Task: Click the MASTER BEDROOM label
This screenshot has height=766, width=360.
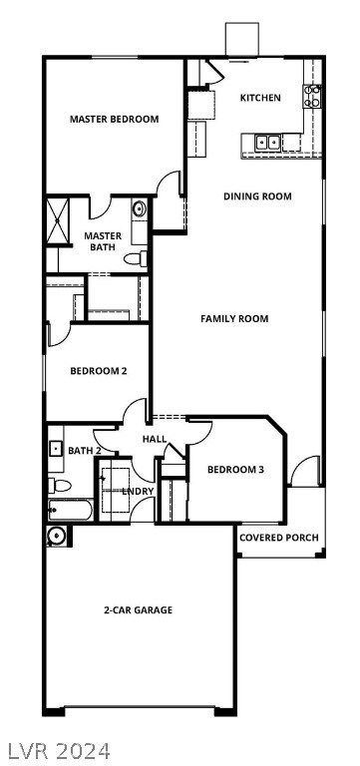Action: click(114, 120)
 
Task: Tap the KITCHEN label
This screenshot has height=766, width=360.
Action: click(260, 98)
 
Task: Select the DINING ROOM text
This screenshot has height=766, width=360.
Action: click(257, 196)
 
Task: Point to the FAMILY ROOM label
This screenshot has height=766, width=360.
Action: click(234, 319)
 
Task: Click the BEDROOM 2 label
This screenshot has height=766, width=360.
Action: click(98, 372)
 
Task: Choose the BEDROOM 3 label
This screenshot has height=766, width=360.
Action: click(235, 470)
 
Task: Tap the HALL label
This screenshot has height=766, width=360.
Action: click(155, 439)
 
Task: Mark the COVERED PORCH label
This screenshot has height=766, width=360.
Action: click(279, 538)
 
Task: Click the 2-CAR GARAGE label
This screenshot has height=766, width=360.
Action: click(138, 609)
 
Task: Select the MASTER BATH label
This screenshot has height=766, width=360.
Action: click(103, 241)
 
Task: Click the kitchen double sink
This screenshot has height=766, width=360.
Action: click(267, 142)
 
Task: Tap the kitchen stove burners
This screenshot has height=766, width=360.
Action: click(313, 97)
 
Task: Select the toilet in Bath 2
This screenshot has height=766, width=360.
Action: click(59, 486)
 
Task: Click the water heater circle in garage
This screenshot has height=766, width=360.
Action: click(56, 536)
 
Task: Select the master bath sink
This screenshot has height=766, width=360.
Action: click(139, 210)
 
